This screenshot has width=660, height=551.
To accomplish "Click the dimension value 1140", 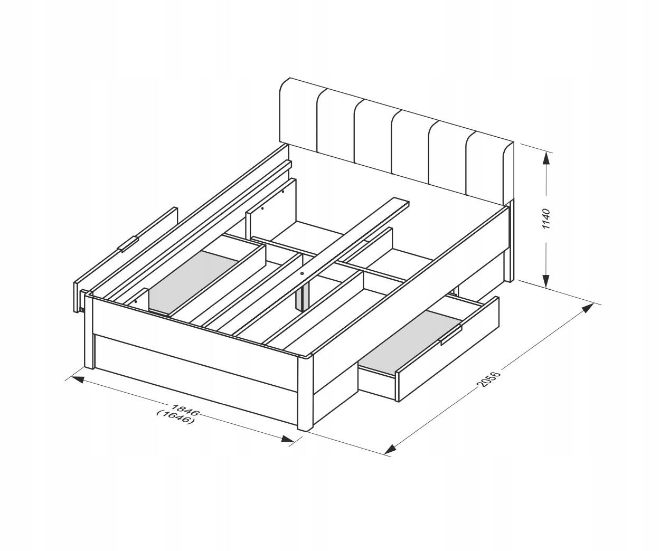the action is coord(546,218).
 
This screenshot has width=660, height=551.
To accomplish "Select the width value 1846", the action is coord(185,409).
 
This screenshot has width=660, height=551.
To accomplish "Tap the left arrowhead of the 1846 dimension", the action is coord(78,379).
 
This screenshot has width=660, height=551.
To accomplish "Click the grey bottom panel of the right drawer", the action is coord(411,342).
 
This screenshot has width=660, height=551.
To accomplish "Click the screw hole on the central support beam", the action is coord(302,273).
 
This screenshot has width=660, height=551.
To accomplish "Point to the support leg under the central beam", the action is coord(303,296).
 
